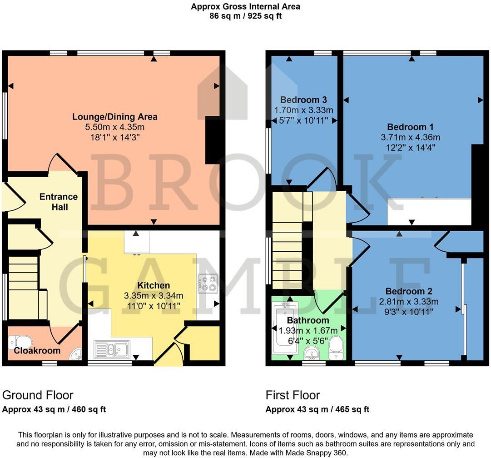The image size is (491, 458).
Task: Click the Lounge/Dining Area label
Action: [x=115, y=117]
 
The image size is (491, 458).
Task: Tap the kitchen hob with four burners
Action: [x=208, y=284]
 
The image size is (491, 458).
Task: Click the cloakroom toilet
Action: [x=20, y=341]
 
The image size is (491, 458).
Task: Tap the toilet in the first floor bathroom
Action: [x=336, y=347]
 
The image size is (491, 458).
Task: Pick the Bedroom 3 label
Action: [x=303, y=100]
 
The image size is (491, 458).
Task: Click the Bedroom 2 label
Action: [x=409, y=291]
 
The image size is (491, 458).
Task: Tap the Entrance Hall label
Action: [x=59, y=202]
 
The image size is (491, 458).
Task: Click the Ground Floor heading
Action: [x=38, y=395]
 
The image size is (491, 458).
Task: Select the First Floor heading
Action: [x=293, y=395]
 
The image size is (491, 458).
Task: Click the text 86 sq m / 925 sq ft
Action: [x=245, y=16]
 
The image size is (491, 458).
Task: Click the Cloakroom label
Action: [x=37, y=351]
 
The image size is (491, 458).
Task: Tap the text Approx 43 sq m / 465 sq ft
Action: [x=317, y=409]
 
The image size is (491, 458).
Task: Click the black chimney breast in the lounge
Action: [x=213, y=140]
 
